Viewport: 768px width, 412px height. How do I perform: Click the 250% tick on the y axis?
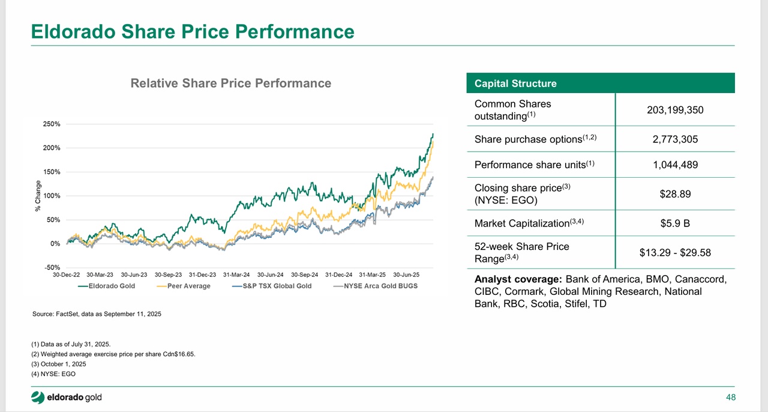click(51, 124)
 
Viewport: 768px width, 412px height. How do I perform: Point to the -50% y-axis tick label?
click(51, 267)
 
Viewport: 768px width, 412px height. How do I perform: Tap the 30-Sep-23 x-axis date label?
click(169, 274)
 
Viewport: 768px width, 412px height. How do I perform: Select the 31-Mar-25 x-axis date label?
click(372, 274)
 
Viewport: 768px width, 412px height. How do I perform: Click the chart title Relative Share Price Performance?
click(231, 83)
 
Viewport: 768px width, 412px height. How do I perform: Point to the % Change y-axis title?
click(37, 196)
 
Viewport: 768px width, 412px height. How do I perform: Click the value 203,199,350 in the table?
click(675, 110)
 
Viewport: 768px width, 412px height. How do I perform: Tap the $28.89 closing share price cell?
click(675, 193)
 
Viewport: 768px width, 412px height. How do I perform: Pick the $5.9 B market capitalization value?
click(675, 223)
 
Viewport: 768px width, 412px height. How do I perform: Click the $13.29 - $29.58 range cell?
click(675, 252)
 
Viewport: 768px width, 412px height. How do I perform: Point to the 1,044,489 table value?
click(675, 165)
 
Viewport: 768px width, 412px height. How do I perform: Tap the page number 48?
click(730, 398)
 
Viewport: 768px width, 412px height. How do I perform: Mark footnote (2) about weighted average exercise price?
click(113, 354)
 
